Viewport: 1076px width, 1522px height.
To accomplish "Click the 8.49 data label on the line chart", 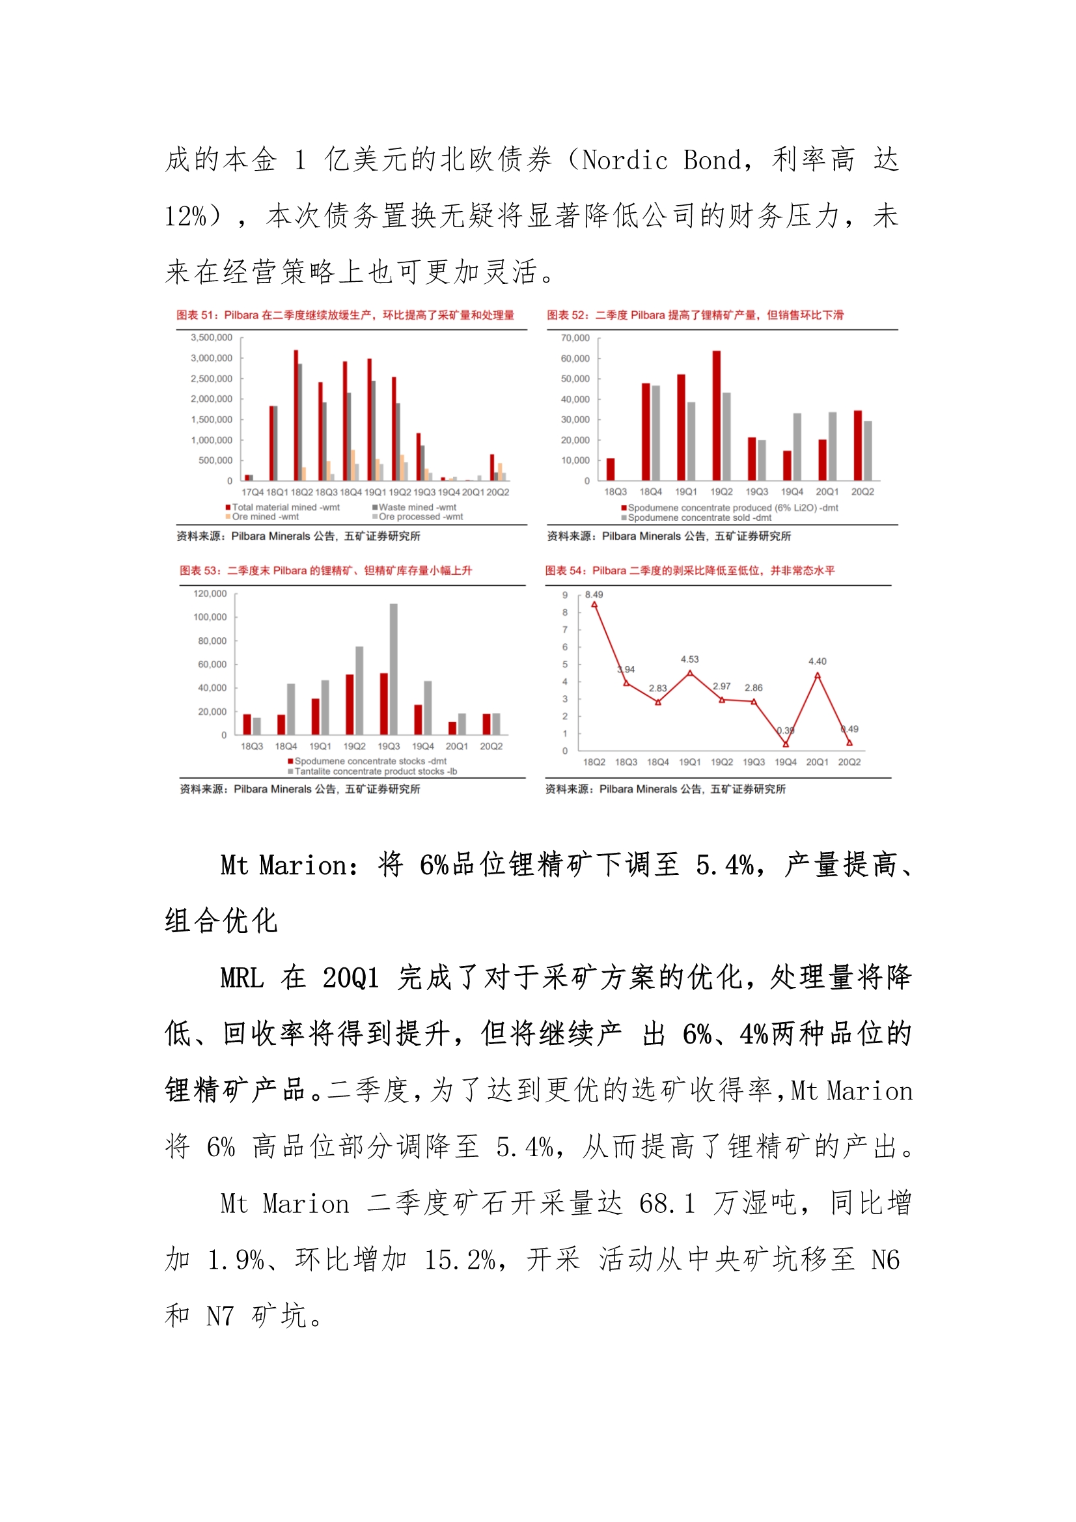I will click(594, 594).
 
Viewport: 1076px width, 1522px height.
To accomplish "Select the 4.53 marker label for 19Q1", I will click(689, 659).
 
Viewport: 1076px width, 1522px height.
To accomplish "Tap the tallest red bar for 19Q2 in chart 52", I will click(716, 415).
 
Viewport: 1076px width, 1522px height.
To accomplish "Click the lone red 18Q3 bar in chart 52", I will click(611, 469).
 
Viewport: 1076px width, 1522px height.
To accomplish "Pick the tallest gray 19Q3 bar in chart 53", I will click(394, 669).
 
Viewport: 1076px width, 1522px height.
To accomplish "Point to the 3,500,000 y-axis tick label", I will click(212, 337).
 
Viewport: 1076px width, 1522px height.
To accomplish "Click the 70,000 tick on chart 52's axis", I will click(575, 338).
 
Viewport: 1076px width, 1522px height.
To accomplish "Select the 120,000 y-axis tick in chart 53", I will click(210, 593).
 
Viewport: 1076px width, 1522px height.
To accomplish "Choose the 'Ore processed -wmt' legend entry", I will click(421, 516).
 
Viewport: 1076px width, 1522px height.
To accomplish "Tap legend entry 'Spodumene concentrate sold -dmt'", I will click(700, 518).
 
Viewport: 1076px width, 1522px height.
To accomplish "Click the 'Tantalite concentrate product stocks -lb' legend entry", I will click(375, 771).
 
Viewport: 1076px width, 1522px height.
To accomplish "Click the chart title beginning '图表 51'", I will click(345, 315).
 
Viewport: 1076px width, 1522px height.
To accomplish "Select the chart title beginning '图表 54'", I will click(689, 570).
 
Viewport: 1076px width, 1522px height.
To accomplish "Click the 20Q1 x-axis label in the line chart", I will click(817, 762).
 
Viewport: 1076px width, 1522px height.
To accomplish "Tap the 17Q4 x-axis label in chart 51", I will click(252, 492).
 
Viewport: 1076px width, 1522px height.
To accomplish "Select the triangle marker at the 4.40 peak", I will click(818, 676).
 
